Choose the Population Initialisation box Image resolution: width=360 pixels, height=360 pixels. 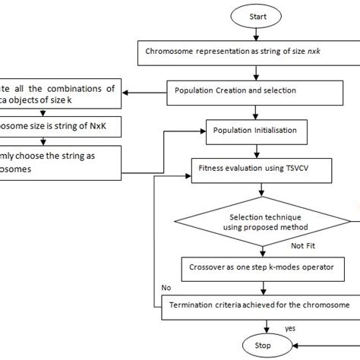coord(261,131)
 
